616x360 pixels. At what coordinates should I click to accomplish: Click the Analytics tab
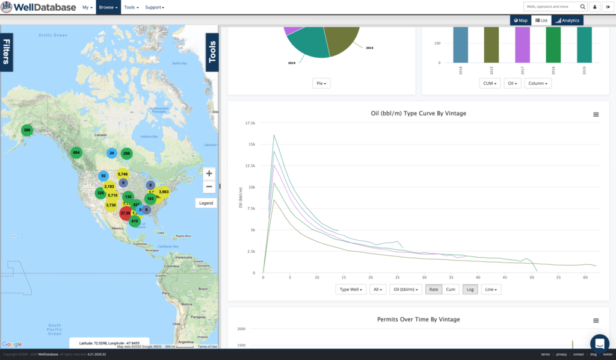[567, 20]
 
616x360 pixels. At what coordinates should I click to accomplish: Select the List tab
[541, 20]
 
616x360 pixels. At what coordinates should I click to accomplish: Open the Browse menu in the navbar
[108, 7]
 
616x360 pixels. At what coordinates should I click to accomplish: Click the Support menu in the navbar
[154, 7]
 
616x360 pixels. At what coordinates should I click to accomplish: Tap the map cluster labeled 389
[26, 130]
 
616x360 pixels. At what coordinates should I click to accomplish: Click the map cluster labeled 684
[76, 152]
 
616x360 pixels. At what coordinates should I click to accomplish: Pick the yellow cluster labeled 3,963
[164, 192]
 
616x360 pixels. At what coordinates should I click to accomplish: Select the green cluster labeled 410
[134, 221]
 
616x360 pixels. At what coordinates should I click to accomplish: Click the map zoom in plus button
[209, 173]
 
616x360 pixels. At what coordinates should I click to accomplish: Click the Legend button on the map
[206, 203]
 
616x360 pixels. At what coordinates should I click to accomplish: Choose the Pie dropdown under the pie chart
[321, 84]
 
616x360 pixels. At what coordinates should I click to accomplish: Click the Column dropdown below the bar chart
[538, 84]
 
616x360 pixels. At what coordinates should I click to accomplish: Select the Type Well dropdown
[351, 290]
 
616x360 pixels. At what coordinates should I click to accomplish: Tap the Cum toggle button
[451, 290]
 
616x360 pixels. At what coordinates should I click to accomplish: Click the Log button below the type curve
[469, 290]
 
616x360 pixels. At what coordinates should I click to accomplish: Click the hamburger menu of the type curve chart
[596, 114]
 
